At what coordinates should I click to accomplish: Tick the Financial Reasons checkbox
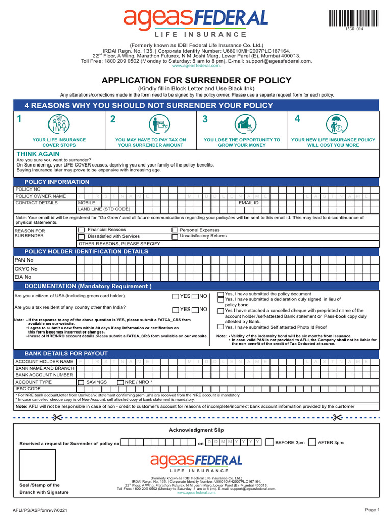(x=81, y=230)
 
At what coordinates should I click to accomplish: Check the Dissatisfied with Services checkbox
(x=81, y=237)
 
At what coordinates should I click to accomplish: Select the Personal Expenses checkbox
(x=175, y=230)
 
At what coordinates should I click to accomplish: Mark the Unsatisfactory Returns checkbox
(x=175, y=237)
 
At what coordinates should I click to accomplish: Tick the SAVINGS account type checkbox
(x=81, y=382)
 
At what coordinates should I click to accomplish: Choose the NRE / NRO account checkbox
(x=120, y=382)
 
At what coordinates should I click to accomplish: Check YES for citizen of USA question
(x=176, y=296)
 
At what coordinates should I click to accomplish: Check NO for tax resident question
(x=195, y=310)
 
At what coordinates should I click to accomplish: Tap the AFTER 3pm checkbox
(x=312, y=442)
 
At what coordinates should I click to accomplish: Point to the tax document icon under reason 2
(x=160, y=124)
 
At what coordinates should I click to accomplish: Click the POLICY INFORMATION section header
(x=57, y=182)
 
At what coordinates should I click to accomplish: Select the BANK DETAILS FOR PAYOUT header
(x=66, y=353)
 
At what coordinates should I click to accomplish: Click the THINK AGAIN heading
(x=38, y=154)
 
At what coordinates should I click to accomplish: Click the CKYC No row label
(x=26, y=269)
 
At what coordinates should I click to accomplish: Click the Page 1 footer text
(x=372, y=510)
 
